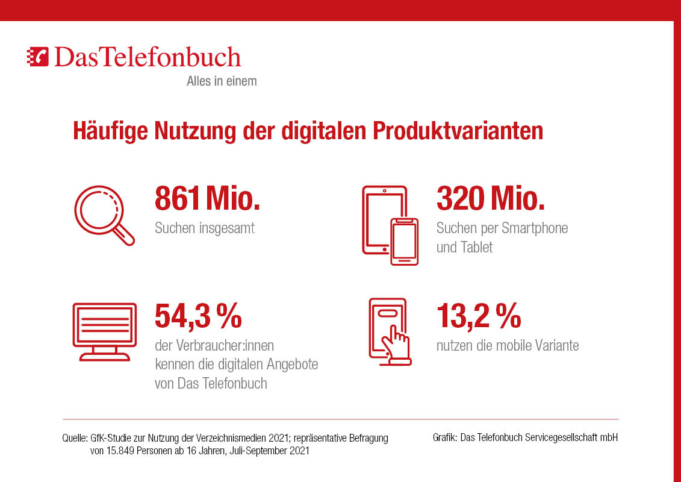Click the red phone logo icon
pos(39,56)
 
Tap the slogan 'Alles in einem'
pos(222,81)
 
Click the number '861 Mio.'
pos(207,199)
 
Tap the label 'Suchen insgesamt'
pos(205,229)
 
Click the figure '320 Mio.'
pos(490,199)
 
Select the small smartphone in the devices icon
pos(405,241)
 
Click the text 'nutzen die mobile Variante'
pos(508,345)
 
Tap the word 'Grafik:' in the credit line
pos(445,438)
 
